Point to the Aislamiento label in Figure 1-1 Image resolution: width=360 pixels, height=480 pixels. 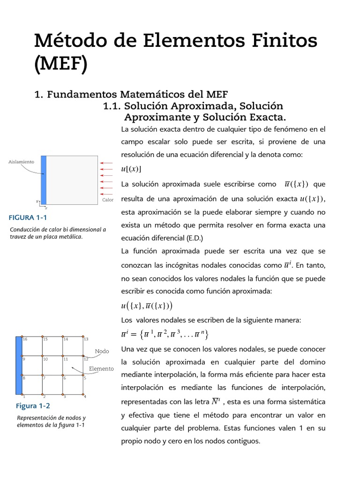[x=22, y=162]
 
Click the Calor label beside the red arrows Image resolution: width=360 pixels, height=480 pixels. [x=108, y=200]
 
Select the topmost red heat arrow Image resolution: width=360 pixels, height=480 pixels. [x=106, y=163]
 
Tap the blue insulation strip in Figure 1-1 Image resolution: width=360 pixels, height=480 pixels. [x=44, y=180]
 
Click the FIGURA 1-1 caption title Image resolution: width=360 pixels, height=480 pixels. [x=28, y=217]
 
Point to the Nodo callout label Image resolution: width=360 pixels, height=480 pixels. [x=102, y=351]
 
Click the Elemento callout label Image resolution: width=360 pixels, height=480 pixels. [x=101, y=369]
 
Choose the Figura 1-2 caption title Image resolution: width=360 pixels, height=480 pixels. [x=33, y=406]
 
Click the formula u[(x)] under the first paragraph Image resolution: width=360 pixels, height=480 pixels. [x=131, y=169]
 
